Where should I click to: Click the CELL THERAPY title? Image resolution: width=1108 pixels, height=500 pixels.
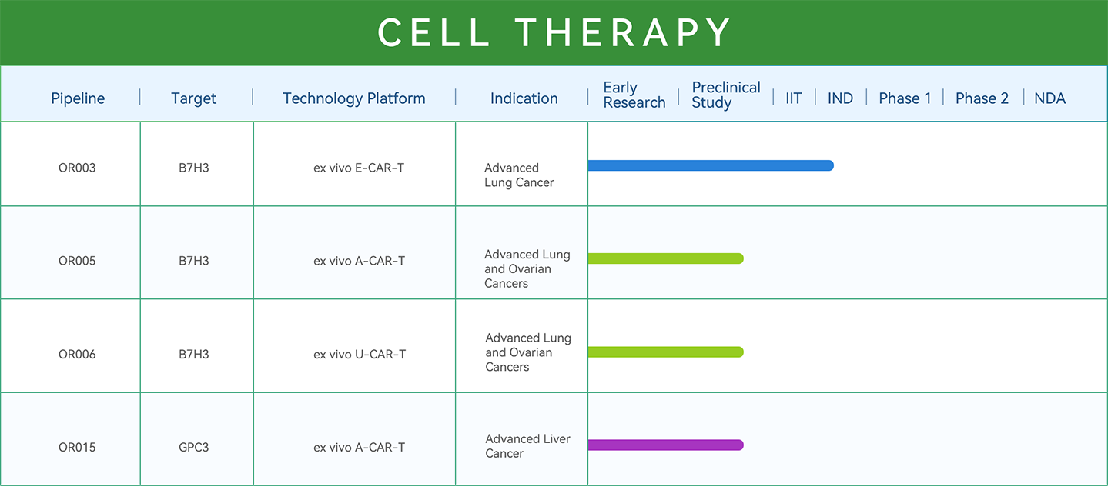pos(554,32)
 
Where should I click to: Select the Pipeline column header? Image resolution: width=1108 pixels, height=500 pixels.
pos(78,98)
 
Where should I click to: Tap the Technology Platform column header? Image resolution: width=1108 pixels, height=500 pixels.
pos(353,98)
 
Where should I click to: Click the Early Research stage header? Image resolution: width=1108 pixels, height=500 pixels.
pos(634,95)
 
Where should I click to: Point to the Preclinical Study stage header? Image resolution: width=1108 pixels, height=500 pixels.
pos(725,95)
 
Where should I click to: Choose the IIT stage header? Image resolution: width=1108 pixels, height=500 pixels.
pos(793,98)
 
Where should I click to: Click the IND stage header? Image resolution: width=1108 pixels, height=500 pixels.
pos(840,98)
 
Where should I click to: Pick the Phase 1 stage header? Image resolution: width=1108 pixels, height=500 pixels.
pos(905,98)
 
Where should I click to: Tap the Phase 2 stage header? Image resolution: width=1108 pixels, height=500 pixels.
pos(982,98)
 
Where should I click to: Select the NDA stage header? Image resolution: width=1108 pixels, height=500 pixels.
pos(1049,98)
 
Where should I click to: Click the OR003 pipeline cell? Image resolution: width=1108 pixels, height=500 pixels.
pos(77,168)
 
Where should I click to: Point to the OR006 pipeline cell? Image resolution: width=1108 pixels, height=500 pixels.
pos(77,355)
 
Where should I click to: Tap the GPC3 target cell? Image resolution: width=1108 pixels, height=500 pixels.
pos(193,447)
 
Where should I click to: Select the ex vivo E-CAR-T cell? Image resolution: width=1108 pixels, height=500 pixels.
pos(359,168)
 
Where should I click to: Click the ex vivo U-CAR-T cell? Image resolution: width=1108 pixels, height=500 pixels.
pos(360,355)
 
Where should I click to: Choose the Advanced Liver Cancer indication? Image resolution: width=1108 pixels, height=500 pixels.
pos(527,445)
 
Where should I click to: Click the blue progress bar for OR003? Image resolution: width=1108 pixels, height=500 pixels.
pos(711,165)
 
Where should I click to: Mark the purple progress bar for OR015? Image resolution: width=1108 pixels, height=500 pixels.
pos(666,445)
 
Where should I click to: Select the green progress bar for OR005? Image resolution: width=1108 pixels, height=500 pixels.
pos(666,258)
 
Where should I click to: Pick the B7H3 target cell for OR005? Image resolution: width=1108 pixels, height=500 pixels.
pos(193,261)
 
